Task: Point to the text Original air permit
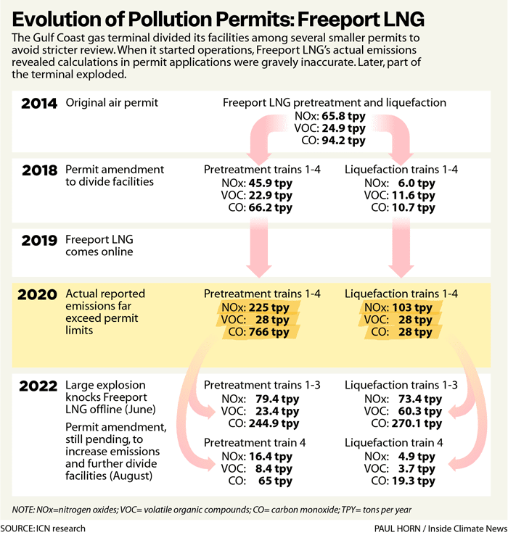112,103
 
